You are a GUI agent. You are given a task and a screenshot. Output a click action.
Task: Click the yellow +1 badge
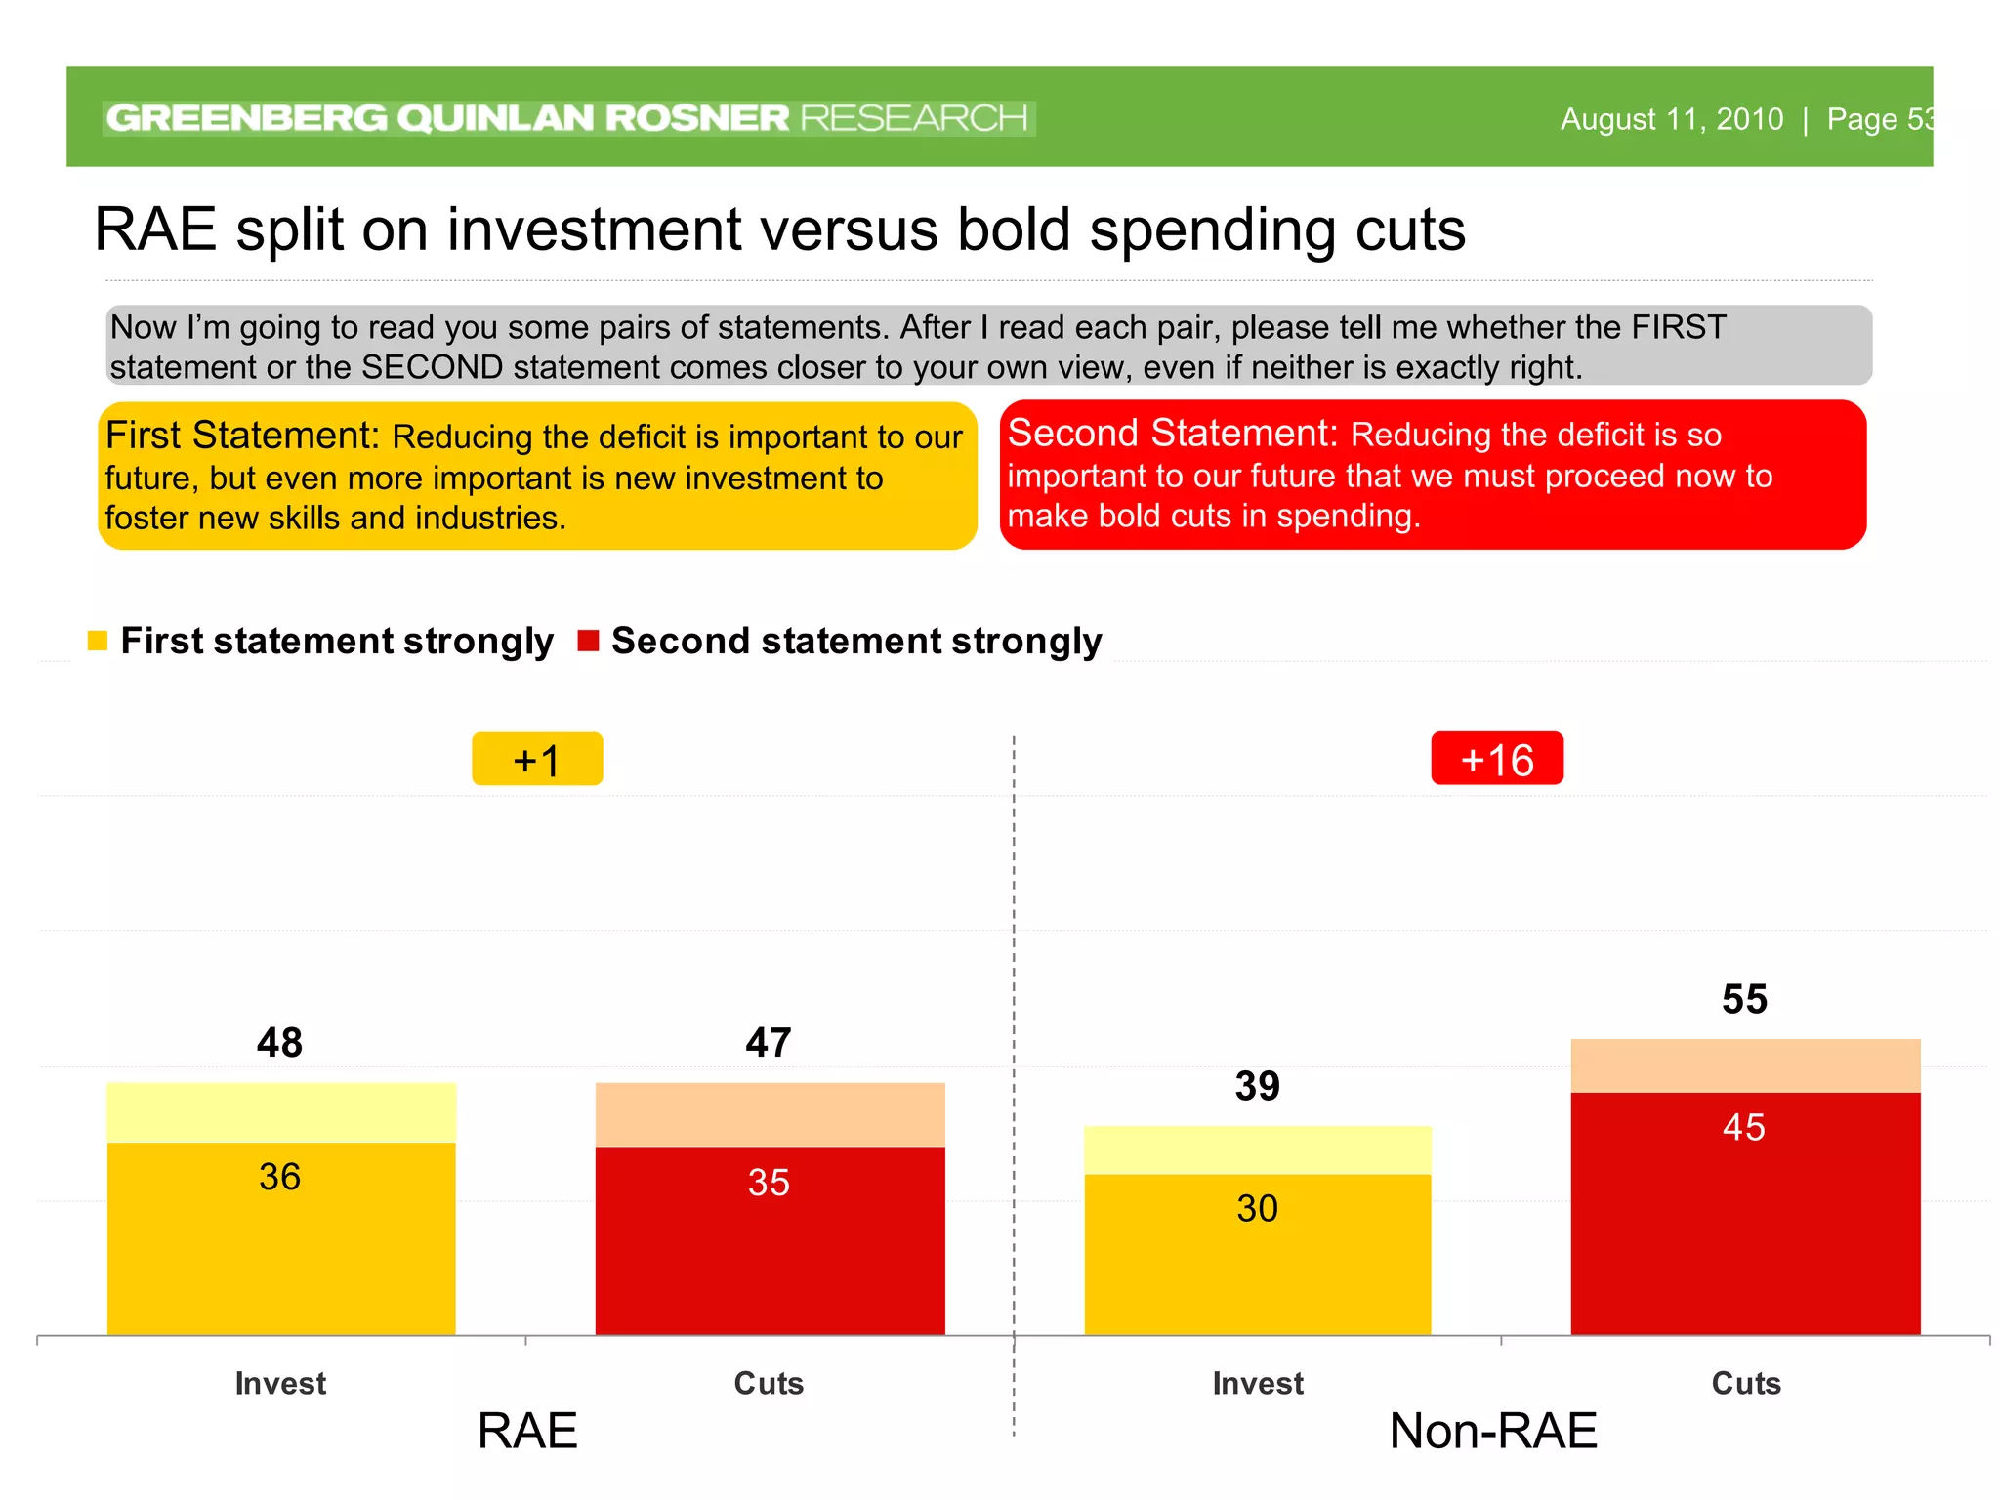click(x=537, y=760)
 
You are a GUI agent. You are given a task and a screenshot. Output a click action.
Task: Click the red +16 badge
click(x=1496, y=759)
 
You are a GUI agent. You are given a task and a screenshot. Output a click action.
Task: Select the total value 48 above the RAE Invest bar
click(x=279, y=1043)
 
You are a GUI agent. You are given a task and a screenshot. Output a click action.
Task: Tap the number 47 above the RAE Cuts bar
click(x=769, y=1043)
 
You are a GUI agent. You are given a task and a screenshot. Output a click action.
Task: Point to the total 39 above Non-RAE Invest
click(x=1257, y=1086)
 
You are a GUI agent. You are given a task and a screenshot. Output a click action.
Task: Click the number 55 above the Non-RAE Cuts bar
click(x=1744, y=999)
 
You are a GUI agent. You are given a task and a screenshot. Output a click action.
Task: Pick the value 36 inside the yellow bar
click(x=279, y=1177)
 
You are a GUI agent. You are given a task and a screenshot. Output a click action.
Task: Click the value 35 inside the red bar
click(x=769, y=1183)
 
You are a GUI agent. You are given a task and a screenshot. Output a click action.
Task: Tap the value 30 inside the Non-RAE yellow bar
click(x=1257, y=1209)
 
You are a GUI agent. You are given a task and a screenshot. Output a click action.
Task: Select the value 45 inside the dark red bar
click(x=1744, y=1127)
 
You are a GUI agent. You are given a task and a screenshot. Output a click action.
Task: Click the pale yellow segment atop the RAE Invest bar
click(x=281, y=1112)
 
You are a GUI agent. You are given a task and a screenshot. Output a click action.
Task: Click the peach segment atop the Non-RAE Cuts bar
click(x=1745, y=1065)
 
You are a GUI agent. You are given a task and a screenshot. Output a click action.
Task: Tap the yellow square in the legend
click(x=98, y=641)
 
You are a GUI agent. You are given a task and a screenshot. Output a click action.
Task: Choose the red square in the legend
click(x=588, y=641)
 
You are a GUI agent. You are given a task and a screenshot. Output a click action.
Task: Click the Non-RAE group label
click(x=1493, y=1431)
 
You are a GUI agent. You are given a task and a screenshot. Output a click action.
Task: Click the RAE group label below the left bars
click(x=527, y=1431)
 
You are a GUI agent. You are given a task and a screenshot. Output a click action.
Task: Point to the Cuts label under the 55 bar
click(x=1746, y=1383)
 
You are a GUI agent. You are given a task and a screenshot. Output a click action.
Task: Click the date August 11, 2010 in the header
click(x=1671, y=119)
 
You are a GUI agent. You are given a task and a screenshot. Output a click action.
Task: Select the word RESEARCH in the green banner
click(x=914, y=118)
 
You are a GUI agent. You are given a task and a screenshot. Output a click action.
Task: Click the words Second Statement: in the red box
click(x=1172, y=433)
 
